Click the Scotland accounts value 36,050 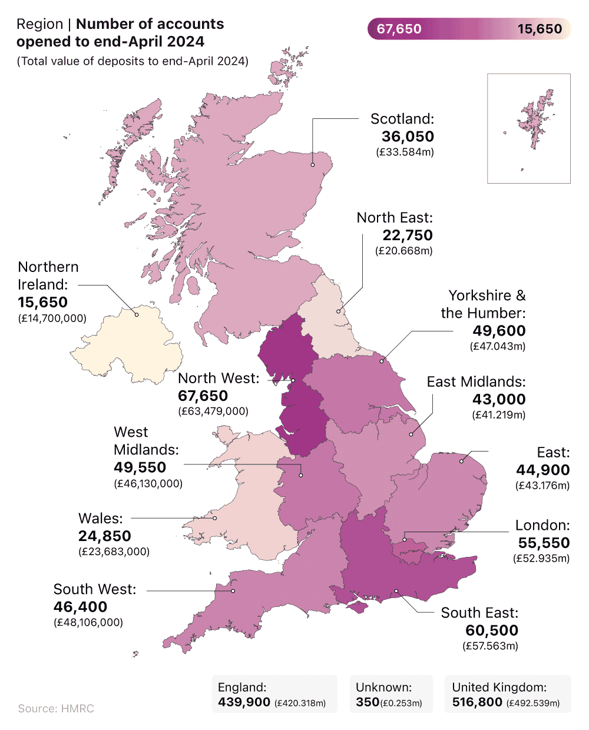(408, 137)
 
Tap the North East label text (395, 218)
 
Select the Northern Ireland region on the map (127, 344)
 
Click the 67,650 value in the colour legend (399, 29)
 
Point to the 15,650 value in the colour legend (540, 29)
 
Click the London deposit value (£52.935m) (541, 558)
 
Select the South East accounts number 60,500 (492, 631)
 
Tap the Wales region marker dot (215, 518)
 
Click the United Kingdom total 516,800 (477, 702)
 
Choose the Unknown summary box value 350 (368, 702)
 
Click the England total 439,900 (244, 702)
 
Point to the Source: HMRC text (56, 708)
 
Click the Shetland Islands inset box (529, 128)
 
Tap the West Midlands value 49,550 (140, 467)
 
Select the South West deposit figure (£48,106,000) (88, 622)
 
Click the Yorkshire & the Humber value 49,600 (499, 331)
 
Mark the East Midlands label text (476, 382)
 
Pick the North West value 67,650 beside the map (203, 396)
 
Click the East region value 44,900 (543, 470)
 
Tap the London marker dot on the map (405, 539)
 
